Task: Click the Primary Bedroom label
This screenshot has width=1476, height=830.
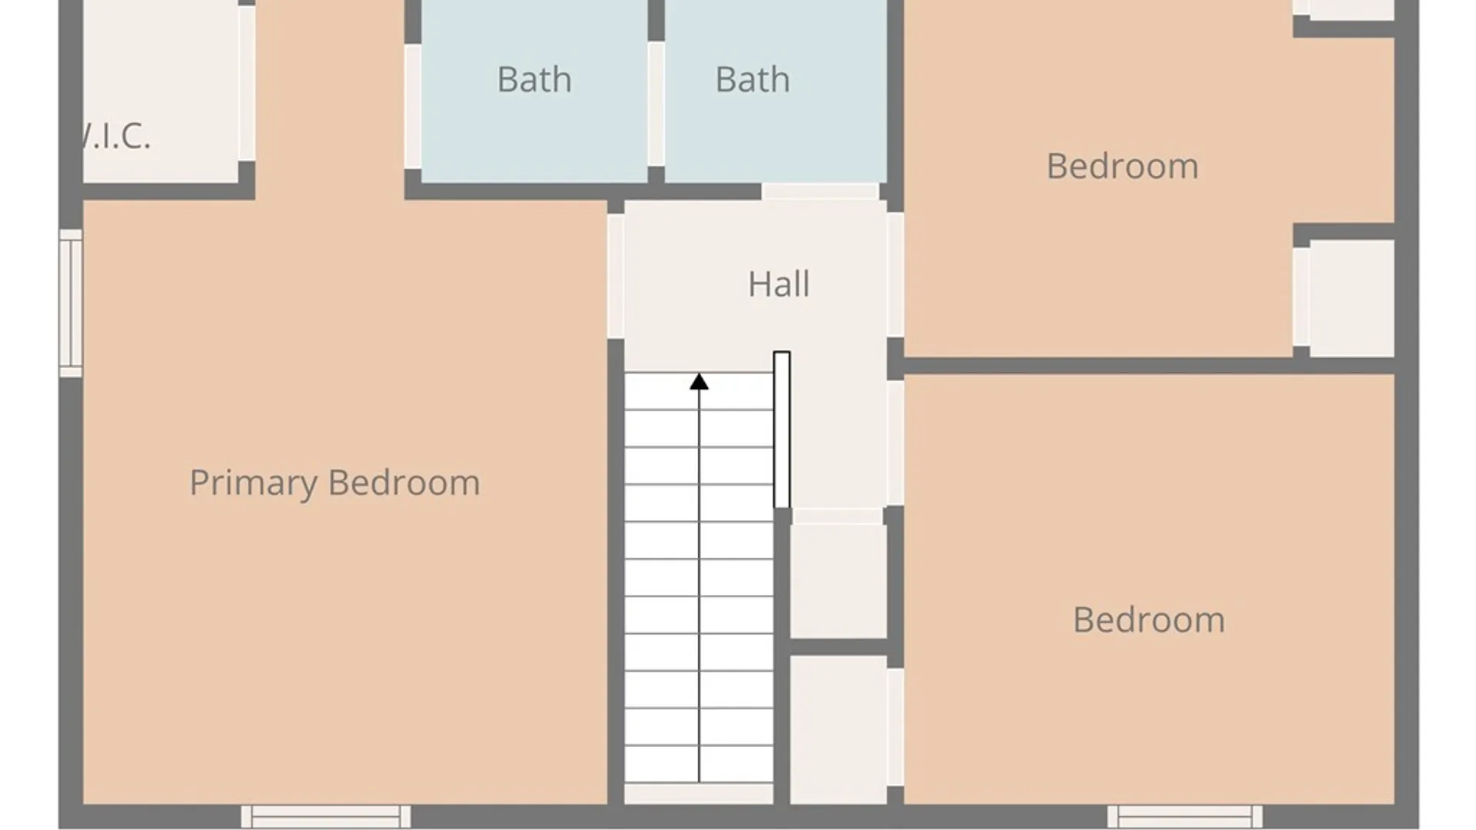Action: point(334,483)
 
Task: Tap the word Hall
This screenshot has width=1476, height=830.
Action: point(779,284)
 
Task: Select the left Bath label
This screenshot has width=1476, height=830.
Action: point(534,79)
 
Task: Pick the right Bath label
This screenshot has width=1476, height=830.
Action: point(753,79)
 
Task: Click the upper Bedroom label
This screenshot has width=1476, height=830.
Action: point(1122,166)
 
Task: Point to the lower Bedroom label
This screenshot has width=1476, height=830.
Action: point(1149,619)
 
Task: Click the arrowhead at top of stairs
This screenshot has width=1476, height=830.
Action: point(699,381)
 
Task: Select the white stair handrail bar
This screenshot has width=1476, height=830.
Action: point(782,430)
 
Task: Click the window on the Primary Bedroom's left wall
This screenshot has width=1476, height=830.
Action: point(71,303)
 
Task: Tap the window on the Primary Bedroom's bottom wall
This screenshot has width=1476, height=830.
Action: point(326,816)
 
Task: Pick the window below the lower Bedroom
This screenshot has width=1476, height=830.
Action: point(1185,816)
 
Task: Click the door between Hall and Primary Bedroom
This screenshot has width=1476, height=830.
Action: point(616,276)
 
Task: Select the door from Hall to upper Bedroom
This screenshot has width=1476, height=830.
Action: point(896,274)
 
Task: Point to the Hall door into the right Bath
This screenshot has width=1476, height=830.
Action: point(820,191)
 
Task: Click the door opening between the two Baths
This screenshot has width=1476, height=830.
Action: point(656,104)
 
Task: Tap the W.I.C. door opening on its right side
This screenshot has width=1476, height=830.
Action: point(247,83)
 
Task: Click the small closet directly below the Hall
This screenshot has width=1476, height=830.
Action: point(839,581)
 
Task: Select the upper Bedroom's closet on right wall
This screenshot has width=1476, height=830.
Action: point(1352,298)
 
